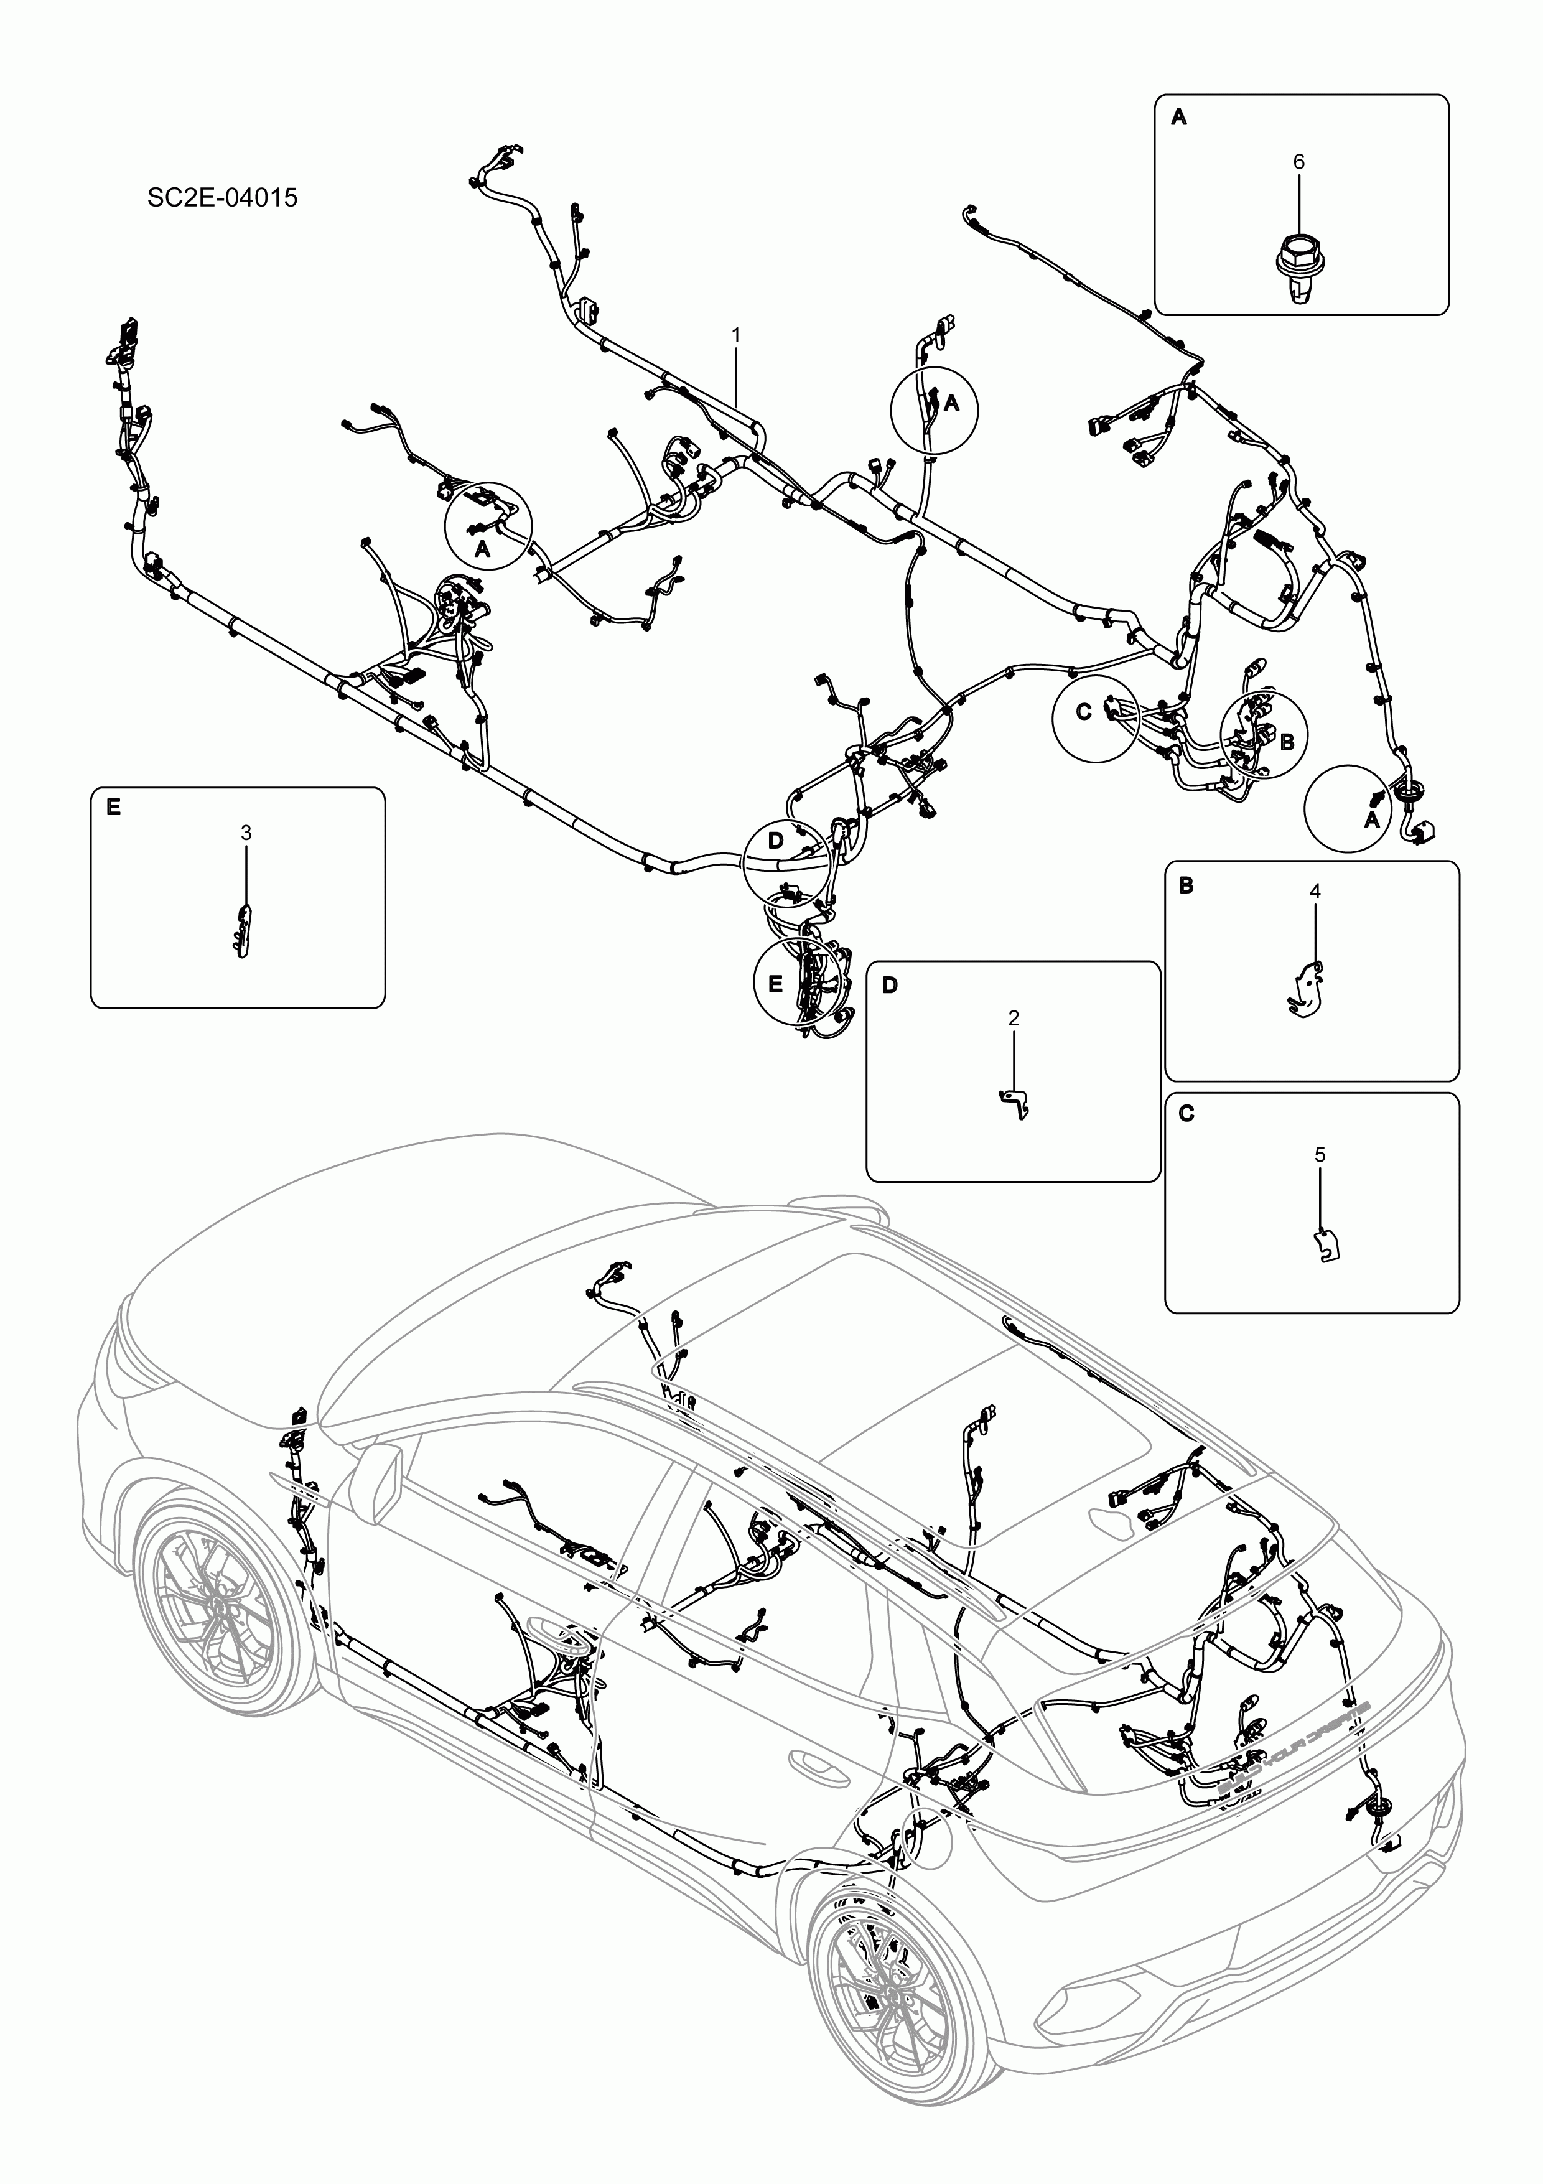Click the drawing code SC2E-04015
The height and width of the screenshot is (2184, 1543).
pyautogui.click(x=221, y=198)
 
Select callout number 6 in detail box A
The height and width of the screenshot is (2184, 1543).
pyautogui.click(x=1298, y=162)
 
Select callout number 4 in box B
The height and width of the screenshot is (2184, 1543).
pyautogui.click(x=1315, y=891)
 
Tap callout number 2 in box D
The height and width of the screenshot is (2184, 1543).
pyautogui.click(x=1013, y=1018)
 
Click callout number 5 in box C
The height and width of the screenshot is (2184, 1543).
pyautogui.click(x=1320, y=1155)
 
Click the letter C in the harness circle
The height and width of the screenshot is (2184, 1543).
pyautogui.click(x=1083, y=712)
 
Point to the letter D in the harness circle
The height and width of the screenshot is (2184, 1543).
pyautogui.click(x=775, y=841)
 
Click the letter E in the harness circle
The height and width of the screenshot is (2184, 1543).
pyautogui.click(x=775, y=984)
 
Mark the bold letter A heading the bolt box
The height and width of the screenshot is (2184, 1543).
pyautogui.click(x=1178, y=117)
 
